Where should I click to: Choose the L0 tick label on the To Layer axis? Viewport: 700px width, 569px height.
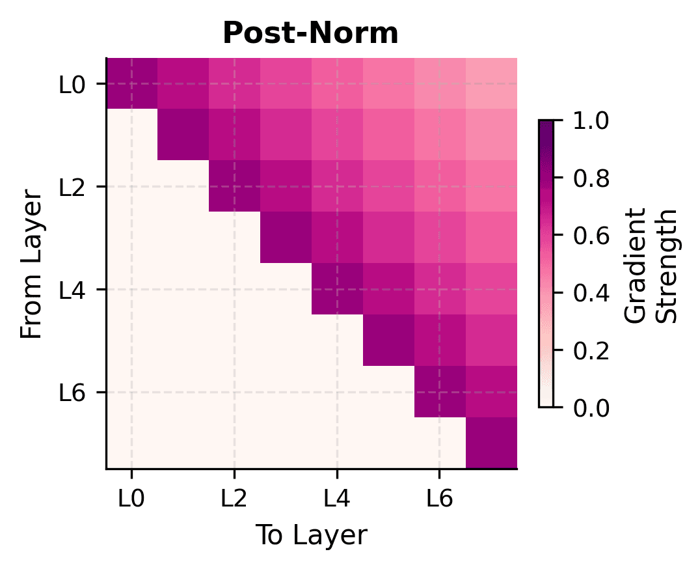(131, 499)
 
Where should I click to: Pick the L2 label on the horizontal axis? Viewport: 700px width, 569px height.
(234, 499)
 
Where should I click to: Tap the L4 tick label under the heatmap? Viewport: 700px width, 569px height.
(336, 499)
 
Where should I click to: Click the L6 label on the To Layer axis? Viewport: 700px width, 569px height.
(439, 499)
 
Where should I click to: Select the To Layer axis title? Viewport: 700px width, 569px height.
(310, 535)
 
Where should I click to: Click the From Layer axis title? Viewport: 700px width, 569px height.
(31, 264)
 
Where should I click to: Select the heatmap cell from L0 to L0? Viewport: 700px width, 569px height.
(131, 84)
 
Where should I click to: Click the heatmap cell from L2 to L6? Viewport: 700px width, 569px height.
(439, 187)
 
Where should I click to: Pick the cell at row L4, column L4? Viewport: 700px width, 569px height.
(336, 289)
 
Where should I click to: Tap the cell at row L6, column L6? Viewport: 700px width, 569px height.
(439, 392)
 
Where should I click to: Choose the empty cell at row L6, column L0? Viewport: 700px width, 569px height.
(131, 392)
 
